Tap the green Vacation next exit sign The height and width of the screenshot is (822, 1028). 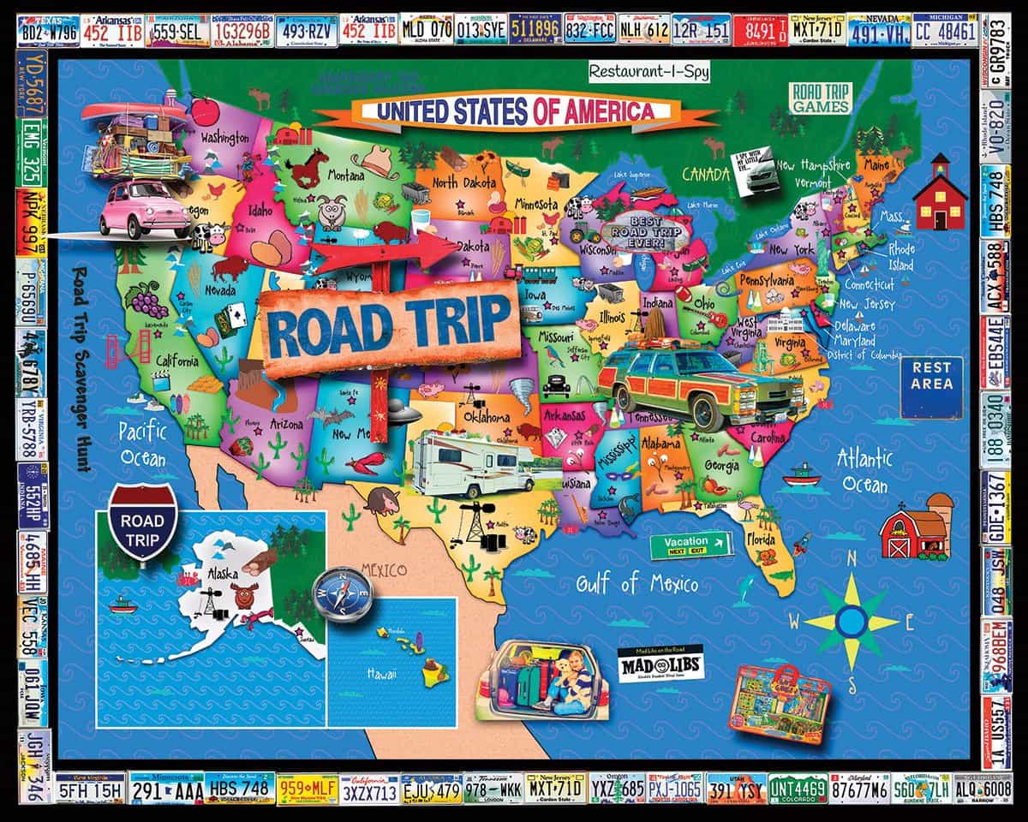click(x=690, y=545)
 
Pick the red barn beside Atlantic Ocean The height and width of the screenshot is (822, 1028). click(x=911, y=530)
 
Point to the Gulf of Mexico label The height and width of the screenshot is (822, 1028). click(x=637, y=586)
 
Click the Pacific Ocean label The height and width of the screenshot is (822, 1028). click(x=142, y=444)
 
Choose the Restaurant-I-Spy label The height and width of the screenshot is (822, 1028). click(x=648, y=72)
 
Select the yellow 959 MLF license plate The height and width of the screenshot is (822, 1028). click(x=306, y=789)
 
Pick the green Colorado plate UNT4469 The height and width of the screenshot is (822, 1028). click(x=798, y=788)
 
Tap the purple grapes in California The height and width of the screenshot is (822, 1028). click(x=146, y=301)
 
